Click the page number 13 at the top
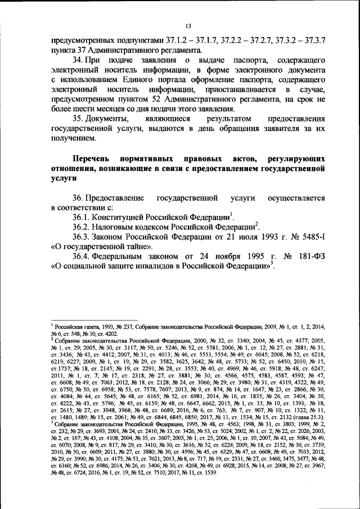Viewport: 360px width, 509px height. [x=188, y=25]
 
